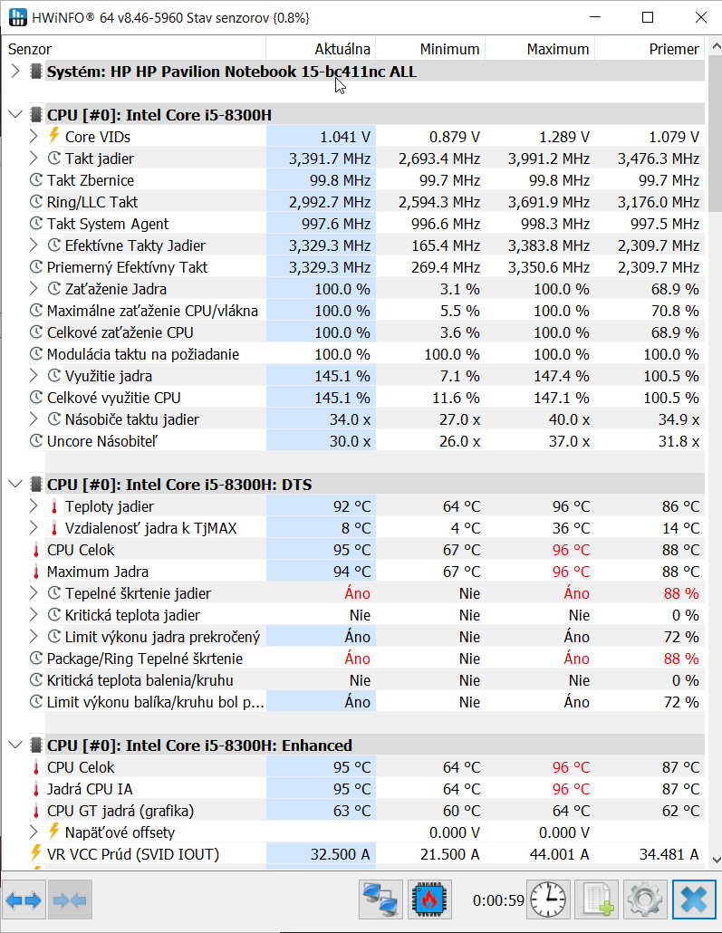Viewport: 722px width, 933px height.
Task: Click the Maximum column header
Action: tap(558, 49)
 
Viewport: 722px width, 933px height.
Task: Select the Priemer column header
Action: tap(674, 49)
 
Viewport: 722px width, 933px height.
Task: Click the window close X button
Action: tap(701, 17)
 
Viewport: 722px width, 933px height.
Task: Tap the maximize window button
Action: tap(648, 17)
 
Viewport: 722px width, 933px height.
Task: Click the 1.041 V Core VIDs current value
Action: tap(345, 137)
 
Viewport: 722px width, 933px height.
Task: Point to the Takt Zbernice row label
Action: tap(91, 180)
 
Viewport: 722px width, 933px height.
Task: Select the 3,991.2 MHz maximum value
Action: tap(549, 159)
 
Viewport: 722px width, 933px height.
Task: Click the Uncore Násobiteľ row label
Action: tap(101, 441)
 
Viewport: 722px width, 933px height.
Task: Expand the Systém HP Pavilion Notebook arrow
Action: tap(15, 72)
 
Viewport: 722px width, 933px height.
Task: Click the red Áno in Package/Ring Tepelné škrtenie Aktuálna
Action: tap(358, 659)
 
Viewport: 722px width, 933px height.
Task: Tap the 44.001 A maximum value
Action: tap(560, 854)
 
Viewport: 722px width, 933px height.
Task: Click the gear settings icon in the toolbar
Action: tap(645, 899)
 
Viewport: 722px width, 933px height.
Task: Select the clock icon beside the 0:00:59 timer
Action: tap(548, 899)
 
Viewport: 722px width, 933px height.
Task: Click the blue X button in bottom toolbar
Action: tap(694, 899)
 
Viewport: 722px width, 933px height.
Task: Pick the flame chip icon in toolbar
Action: tap(429, 899)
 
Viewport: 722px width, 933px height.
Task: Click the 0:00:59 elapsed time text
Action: tap(498, 900)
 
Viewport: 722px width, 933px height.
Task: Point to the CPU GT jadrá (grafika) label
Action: tap(120, 811)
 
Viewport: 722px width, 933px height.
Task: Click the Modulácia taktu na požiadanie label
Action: tap(143, 355)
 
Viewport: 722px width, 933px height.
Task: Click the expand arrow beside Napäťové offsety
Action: tap(34, 832)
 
